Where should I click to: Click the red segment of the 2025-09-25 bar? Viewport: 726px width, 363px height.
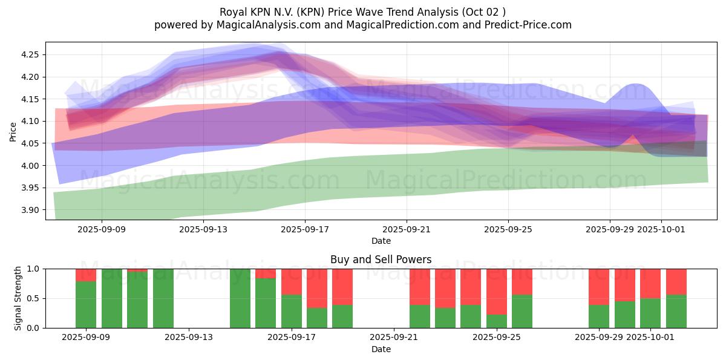[496, 291]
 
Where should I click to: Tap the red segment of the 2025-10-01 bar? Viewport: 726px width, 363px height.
[650, 283]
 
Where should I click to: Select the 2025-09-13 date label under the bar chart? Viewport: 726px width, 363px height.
[189, 338]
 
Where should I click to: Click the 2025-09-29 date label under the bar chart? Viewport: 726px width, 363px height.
[599, 338]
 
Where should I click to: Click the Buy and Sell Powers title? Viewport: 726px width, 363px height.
[381, 260]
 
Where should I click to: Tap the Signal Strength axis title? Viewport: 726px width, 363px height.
[18, 298]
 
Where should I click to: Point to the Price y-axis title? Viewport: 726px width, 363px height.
[13, 131]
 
